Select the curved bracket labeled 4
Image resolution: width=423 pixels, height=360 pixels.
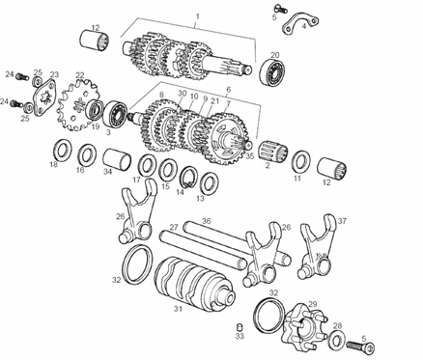coord(301,22)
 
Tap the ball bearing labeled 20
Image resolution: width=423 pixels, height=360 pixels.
coord(272,72)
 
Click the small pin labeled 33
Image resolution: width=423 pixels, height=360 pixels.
coord(240,327)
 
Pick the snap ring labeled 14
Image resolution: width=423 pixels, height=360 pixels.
coord(189,177)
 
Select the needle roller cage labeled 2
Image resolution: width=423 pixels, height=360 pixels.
coord(274,151)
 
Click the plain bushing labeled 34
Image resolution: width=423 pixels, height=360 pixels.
coord(117,159)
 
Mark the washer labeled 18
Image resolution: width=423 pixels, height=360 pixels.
coord(63,150)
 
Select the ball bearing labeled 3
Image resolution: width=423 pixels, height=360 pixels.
coord(116,114)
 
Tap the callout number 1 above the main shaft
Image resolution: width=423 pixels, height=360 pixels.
coord(198,15)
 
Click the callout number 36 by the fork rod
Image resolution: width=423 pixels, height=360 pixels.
coord(207,221)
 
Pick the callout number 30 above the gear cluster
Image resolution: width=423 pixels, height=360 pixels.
coord(183,94)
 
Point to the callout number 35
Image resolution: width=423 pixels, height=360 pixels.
coord(250,156)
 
